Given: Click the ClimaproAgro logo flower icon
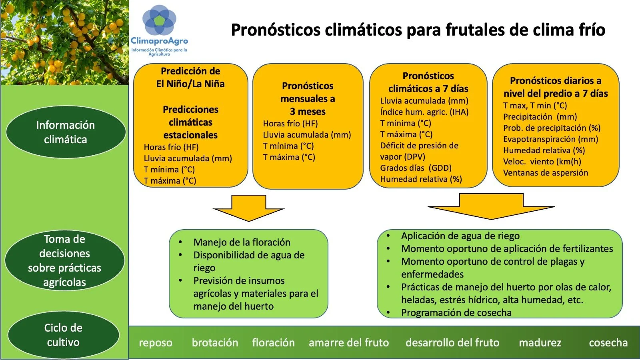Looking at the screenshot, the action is click(x=159, y=20).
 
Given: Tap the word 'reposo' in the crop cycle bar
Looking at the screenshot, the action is click(x=156, y=343).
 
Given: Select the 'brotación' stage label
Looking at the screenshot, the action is click(x=215, y=343).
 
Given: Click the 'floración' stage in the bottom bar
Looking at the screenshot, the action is click(x=273, y=343).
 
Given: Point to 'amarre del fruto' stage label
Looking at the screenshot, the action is click(x=349, y=343).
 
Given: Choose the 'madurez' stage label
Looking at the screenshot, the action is click(x=540, y=343).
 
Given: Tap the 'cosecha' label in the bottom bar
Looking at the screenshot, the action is click(x=608, y=343).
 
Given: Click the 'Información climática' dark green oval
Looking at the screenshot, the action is click(x=66, y=132).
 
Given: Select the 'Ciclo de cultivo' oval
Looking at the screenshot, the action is click(x=63, y=335).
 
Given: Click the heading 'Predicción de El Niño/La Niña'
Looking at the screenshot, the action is click(x=190, y=78).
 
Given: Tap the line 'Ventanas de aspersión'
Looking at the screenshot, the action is click(x=546, y=173).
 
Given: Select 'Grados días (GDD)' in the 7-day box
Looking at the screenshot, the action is click(x=416, y=168).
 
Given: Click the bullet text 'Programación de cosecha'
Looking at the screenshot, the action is click(x=456, y=313).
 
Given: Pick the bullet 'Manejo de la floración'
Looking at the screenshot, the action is click(x=242, y=242).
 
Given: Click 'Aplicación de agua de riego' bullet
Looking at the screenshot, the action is click(x=460, y=236).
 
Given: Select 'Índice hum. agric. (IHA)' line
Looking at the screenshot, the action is click(x=424, y=112).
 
